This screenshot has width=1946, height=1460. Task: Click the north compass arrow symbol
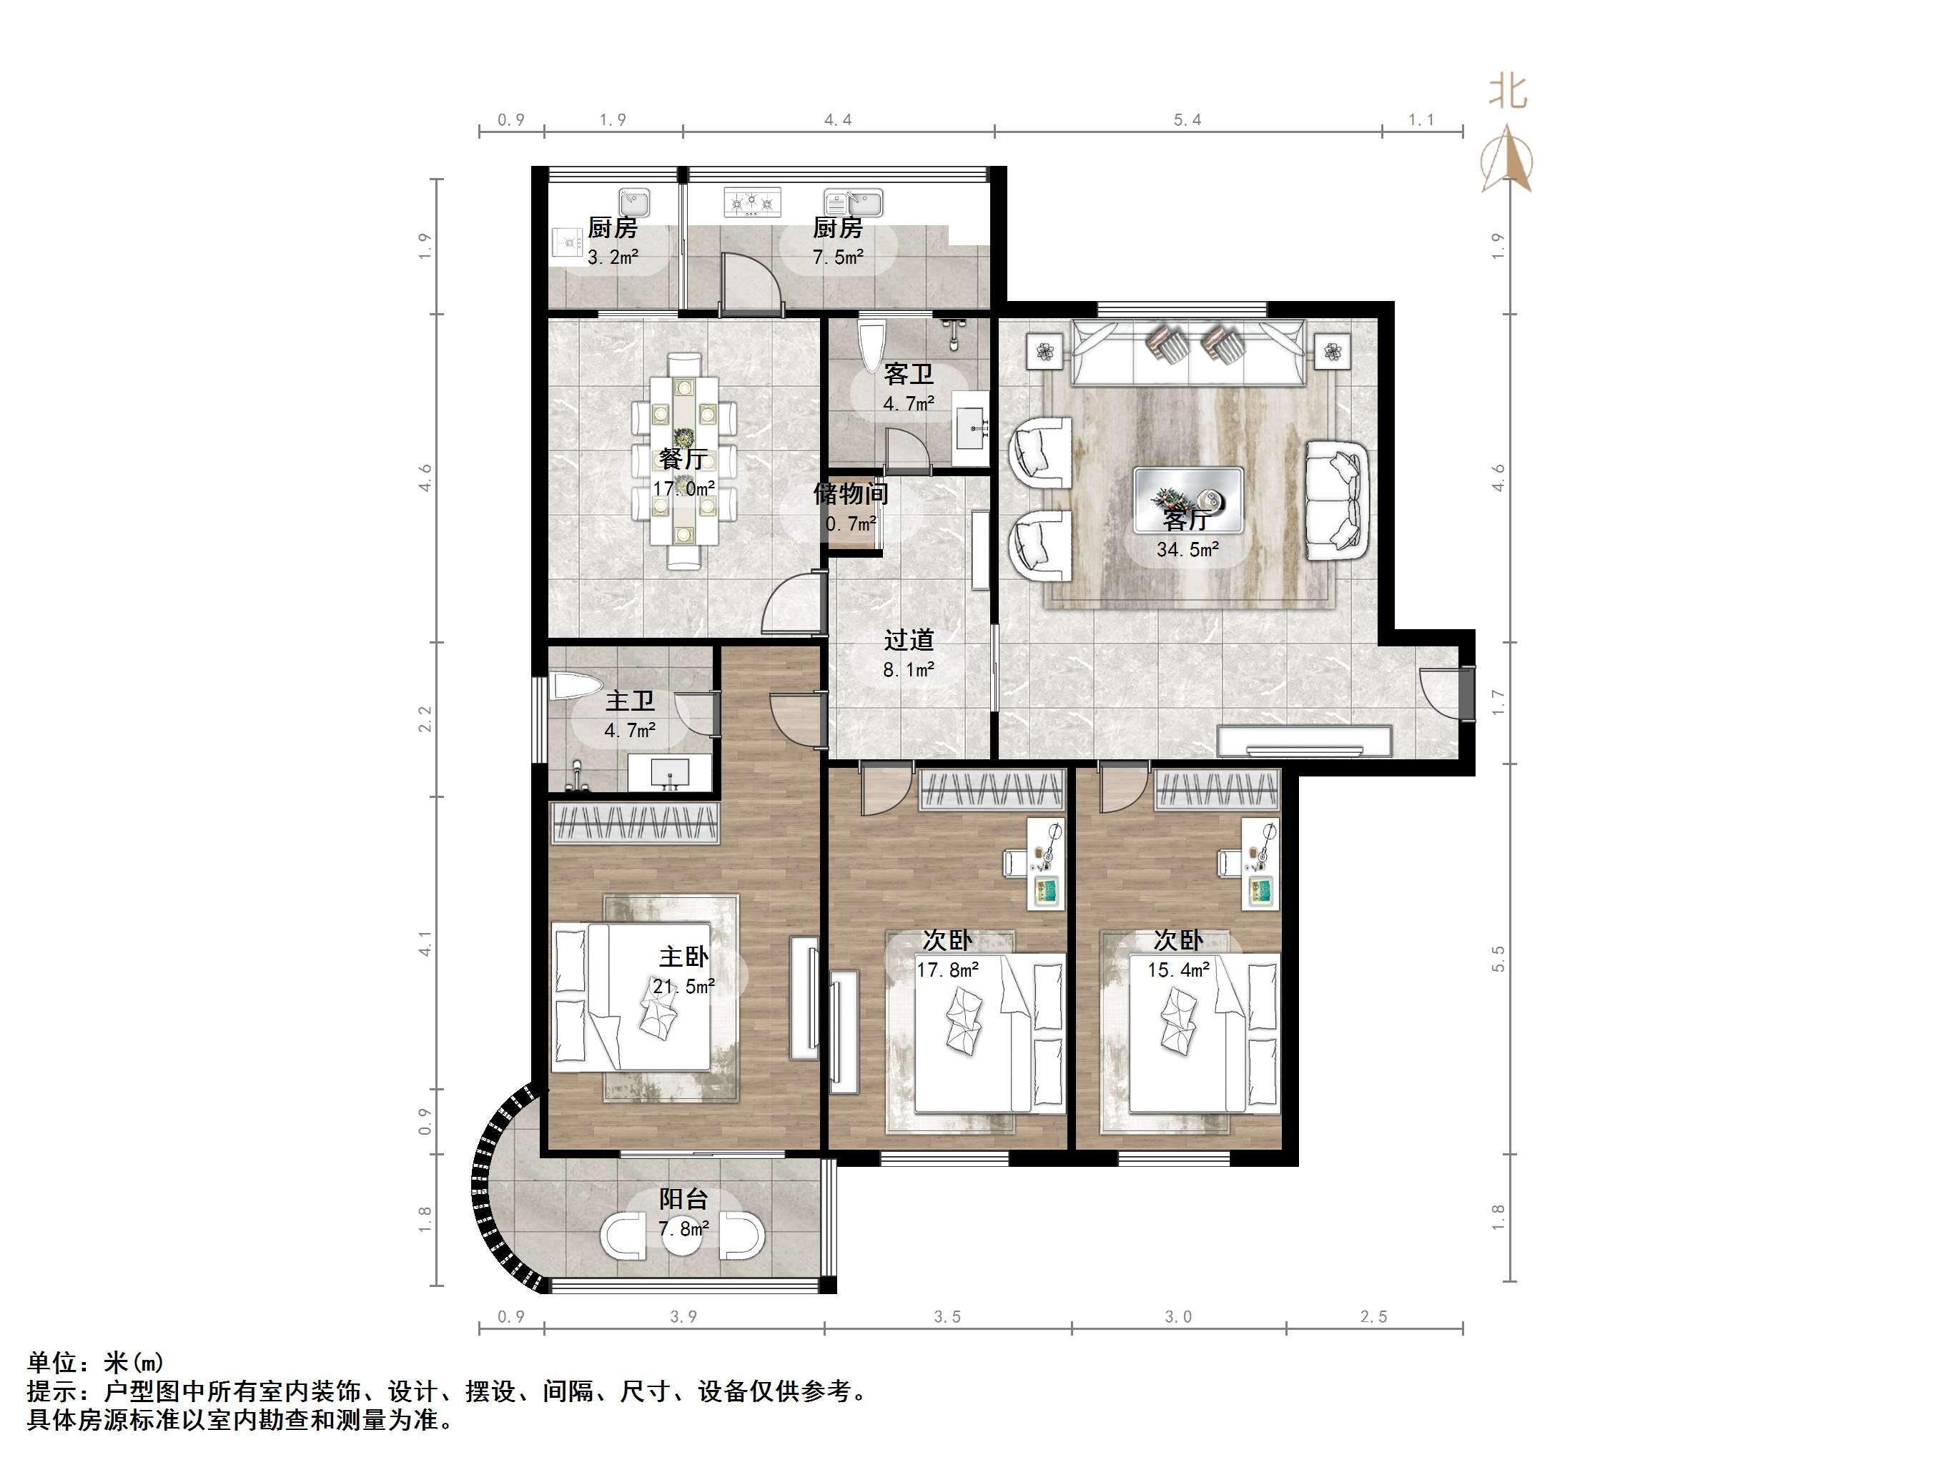click(1508, 159)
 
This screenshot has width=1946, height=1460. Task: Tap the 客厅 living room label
click(1187, 520)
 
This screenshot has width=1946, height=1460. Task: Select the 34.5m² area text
click(1187, 550)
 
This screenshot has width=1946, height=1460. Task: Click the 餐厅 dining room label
click(683, 458)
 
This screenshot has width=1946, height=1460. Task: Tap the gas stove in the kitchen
click(752, 202)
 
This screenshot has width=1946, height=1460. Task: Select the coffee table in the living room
click(1187, 500)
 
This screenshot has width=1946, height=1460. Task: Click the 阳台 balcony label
click(683, 1198)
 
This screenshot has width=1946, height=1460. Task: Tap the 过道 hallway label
click(909, 640)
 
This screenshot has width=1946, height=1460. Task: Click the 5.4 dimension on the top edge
click(1187, 119)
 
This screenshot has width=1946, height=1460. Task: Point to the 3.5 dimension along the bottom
click(947, 1316)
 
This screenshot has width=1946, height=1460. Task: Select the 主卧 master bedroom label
click(683, 957)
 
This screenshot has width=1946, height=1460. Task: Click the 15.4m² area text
click(1179, 970)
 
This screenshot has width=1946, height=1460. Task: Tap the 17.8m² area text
click(947, 970)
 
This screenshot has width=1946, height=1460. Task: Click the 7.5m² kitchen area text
click(837, 257)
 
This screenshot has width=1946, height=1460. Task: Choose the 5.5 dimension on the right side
click(1498, 958)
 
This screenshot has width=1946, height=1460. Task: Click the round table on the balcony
click(682, 1235)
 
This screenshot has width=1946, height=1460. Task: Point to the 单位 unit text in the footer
click(53, 1362)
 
